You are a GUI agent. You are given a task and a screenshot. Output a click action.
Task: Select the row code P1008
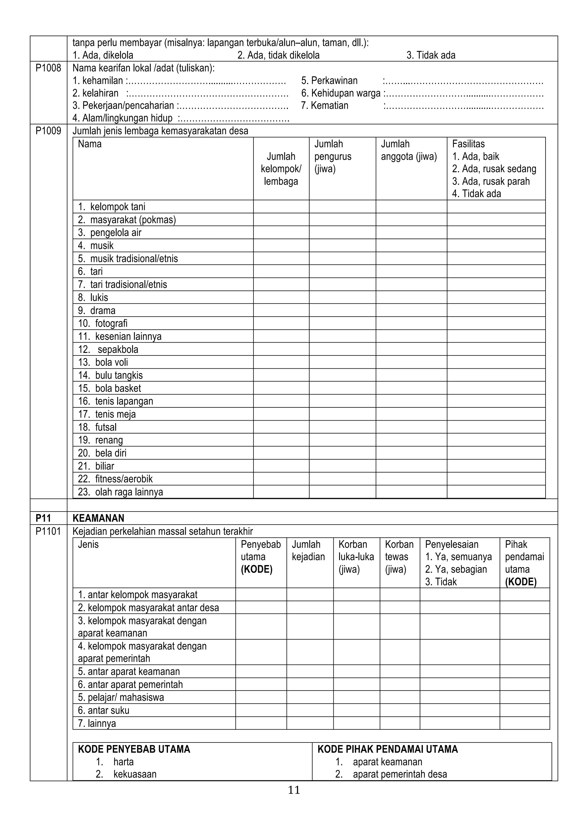click(x=48, y=68)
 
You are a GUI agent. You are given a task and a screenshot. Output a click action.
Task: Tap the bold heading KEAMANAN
click(x=98, y=518)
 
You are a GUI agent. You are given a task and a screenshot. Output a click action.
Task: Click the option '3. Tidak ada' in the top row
click(x=431, y=55)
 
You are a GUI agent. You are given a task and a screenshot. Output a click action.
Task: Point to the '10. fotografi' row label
click(x=102, y=323)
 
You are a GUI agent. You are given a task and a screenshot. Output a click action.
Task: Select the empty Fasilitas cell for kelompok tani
click(x=496, y=206)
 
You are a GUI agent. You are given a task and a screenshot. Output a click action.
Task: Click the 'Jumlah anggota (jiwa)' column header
click(x=409, y=150)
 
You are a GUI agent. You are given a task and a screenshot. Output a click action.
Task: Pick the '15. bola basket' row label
click(x=109, y=388)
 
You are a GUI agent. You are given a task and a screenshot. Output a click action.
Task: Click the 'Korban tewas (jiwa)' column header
click(x=399, y=557)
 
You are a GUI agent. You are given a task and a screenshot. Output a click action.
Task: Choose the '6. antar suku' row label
click(x=104, y=710)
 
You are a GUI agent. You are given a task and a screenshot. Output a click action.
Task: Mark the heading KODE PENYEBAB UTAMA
click(x=134, y=749)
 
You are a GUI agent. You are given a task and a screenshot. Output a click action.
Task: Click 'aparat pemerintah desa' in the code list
click(x=400, y=774)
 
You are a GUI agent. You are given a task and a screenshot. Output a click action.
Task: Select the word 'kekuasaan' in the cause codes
click(x=135, y=774)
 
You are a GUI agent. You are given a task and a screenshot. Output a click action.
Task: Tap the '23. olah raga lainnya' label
click(x=121, y=492)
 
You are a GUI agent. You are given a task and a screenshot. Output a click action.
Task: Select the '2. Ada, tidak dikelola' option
click(x=278, y=55)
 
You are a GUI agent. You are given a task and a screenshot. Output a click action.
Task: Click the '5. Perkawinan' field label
click(x=329, y=80)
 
